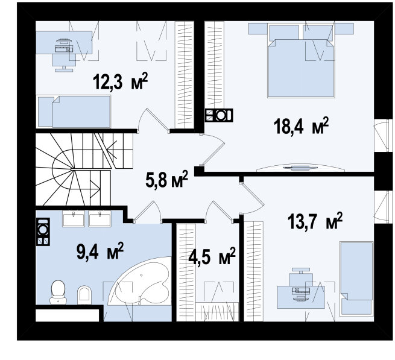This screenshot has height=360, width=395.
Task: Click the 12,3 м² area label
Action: pyautogui.click(x=120, y=81)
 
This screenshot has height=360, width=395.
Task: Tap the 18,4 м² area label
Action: pyautogui.click(x=301, y=125)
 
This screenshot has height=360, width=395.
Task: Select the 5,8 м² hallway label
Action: pyautogui.click(x=167, y=179)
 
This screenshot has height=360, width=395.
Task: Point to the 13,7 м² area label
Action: pyautogui.click(x=315, y=221)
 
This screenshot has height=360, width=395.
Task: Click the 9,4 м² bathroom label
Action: pyautogui.click(x=100, y=251)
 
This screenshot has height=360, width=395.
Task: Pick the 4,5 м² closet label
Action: pyautogui.click(x=212, y=256)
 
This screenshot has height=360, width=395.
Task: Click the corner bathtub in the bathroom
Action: pyautogui.click(x=140, y=281)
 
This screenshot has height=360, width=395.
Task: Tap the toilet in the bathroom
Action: pyautogui.click(x=58, y=292)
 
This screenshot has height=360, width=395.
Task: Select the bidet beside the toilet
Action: pyautogui.click(x=84, y=295)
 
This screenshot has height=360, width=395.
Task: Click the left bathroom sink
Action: pyautogui.click(x=74, y=219)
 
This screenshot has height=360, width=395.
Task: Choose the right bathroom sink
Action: pyautogui.click(x=100, y=219)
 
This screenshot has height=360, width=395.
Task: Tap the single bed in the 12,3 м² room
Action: pyautogui.click(x=74, y=112)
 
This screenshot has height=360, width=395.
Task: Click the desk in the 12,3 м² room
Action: pyautogui.click(x=64, y=42)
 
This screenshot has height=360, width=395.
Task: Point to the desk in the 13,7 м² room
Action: pyautogui.click(x=301, y=297)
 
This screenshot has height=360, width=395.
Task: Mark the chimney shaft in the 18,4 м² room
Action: pyautogui.click(x=219, y=115)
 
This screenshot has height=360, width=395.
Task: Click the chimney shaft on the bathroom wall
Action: pyautogui.click(x=43, y=232)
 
